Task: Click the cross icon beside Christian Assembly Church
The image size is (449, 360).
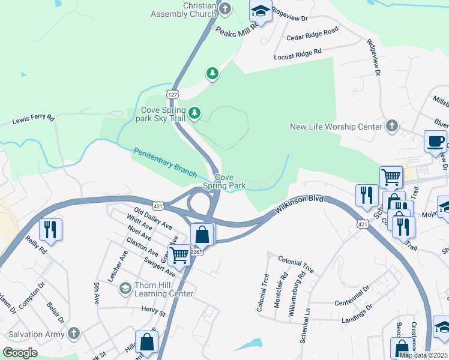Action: pos(225,8)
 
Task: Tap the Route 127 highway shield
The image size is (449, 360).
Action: pos(172,94)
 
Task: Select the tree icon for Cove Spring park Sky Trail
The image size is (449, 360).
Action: pos(194,113)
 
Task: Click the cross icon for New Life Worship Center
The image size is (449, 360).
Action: pos(392,126)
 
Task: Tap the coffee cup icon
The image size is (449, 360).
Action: pos(435,142)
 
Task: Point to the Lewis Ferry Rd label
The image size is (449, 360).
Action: pos(33,120)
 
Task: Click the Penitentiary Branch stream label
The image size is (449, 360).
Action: pos(164,162)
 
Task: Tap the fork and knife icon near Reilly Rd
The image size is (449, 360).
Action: pos(50,229)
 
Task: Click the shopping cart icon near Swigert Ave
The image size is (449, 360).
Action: pos(179,255)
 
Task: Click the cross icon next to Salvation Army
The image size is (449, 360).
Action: pos(73,333)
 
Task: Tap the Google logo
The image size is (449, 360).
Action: pos(20,353)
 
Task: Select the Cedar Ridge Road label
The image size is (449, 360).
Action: pos(312,33)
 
